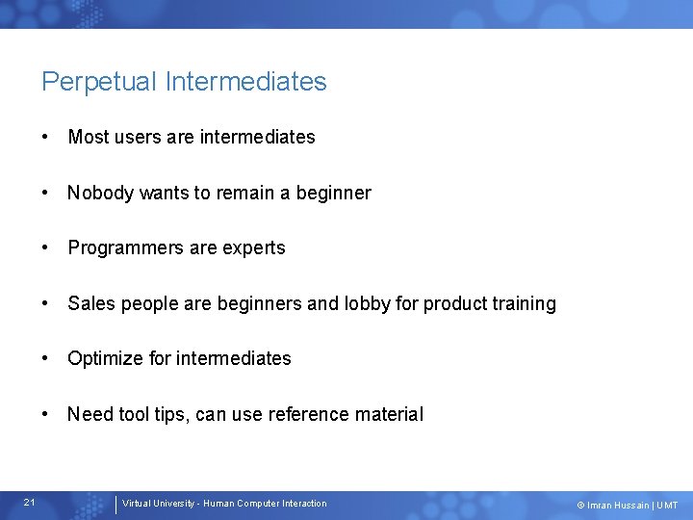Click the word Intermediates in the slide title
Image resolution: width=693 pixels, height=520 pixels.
(245, 82)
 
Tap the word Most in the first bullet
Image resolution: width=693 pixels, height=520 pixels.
(89, 137)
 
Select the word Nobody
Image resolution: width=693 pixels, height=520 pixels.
(100, 193)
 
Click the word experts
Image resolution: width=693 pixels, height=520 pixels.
(254, 248)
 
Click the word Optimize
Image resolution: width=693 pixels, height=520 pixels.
(106, 358)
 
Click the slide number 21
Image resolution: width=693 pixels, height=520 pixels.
(30, 503)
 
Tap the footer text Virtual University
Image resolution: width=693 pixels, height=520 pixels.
(157, 504)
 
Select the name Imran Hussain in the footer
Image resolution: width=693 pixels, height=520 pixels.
(618, 506)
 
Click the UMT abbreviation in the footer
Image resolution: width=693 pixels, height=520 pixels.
(668, 506)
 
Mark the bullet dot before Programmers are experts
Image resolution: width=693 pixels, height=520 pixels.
(46, 247)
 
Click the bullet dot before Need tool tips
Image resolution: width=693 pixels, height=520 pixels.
(46, 414)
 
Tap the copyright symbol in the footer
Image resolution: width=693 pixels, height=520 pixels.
(579, 506)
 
